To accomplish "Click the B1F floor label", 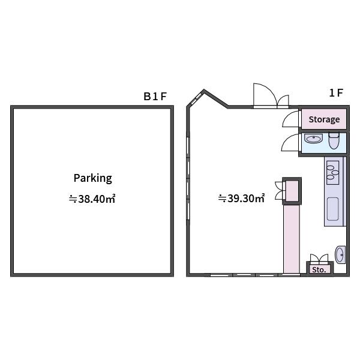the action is coord(155,97).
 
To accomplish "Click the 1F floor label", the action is coord(336,93).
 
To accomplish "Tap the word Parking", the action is coord(93,178).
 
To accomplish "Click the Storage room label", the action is coord(324,119).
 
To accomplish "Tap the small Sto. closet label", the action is coord(319,270).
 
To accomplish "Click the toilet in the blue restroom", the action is coord(334,140).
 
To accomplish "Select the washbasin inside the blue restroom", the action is coord(313,139).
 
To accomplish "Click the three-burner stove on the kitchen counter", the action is coord(332,173).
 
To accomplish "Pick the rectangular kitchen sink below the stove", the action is coord(332,209).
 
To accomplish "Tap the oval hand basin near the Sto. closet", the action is coord(340,254).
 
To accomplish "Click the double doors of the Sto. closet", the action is coord(319,258).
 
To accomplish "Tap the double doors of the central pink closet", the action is coord(280,190).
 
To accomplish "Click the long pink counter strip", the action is coord(292,239).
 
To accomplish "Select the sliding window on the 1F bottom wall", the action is coord(255,275).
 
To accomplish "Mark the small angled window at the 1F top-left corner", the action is coord(196,99).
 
